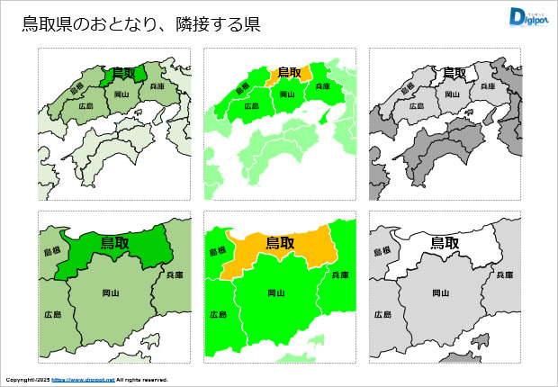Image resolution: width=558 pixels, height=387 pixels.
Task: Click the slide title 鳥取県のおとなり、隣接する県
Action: coord(141,24)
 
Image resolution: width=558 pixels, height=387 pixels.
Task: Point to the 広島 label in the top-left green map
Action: coord(86,105)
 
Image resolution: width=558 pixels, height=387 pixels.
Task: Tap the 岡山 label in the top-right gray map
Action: coord(454,93)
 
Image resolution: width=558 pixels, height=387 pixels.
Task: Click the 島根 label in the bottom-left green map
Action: coord(51,253)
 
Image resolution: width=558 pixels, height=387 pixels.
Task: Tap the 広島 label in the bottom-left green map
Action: coord(51,314)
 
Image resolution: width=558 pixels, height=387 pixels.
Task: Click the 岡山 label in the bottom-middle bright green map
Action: coord(276,292)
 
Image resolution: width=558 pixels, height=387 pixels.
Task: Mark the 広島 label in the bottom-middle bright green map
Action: coord(217,314)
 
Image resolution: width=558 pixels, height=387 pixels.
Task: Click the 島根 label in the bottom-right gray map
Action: coord(382,253)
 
